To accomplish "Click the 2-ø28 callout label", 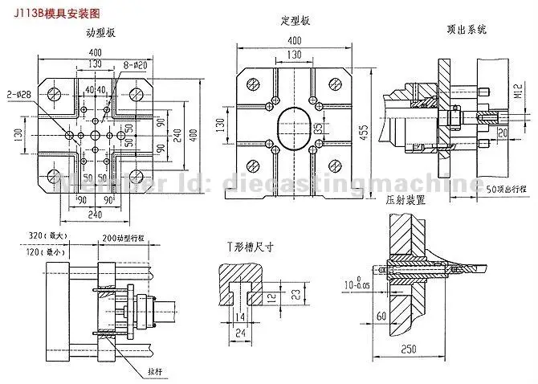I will [19, 94].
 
